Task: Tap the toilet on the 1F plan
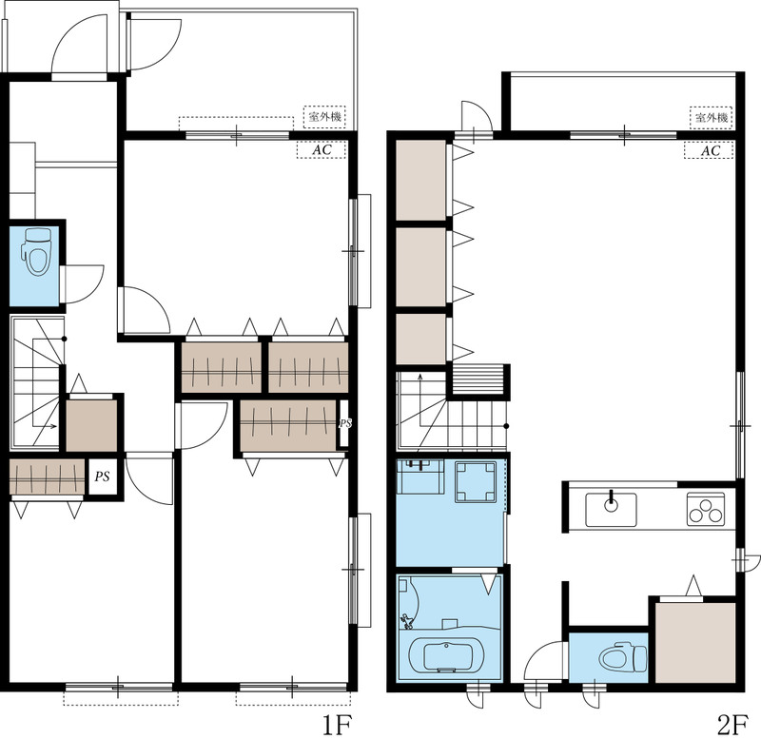tap(37, 252)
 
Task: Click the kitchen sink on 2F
tap(611, 510)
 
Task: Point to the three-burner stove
tap(706, 509)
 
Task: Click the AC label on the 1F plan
tap(322, 150)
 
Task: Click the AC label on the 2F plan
tap(710, 150)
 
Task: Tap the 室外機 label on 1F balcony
tap(324, 117)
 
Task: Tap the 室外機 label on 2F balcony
tap(711, 117)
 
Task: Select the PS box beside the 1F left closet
tap(102, 476)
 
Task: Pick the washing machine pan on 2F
tap(475, 482)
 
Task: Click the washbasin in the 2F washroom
tap(420, 476)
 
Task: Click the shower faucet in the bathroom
tap(406, 621)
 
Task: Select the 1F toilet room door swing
tap(85, 284)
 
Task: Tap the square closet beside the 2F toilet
tap(695, 642)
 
